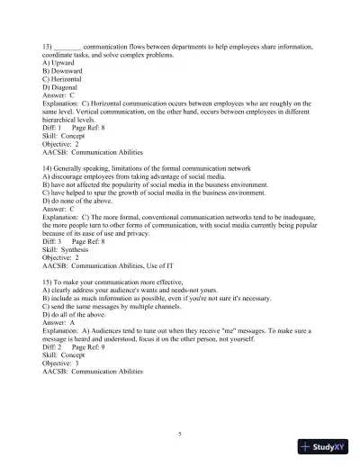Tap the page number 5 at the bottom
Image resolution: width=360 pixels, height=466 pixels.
[180, 434]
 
